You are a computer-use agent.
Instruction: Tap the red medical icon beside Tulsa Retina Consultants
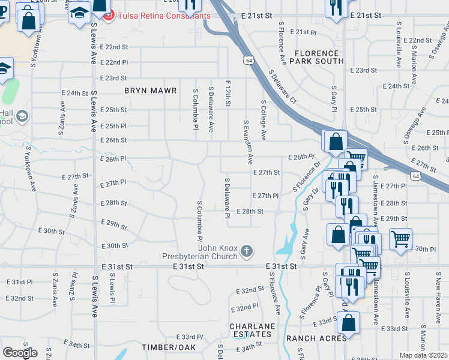point(109,16)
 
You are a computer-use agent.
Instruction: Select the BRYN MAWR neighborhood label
point(151,91)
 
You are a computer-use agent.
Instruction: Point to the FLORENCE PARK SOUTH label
point(319,57)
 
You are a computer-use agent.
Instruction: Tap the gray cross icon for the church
point(246,251)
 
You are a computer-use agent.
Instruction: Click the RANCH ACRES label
point(316,338)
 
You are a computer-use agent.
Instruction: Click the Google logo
point(20,353)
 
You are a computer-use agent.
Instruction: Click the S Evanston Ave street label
point(247,142)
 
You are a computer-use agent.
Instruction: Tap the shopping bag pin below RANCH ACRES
point(348,323)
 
